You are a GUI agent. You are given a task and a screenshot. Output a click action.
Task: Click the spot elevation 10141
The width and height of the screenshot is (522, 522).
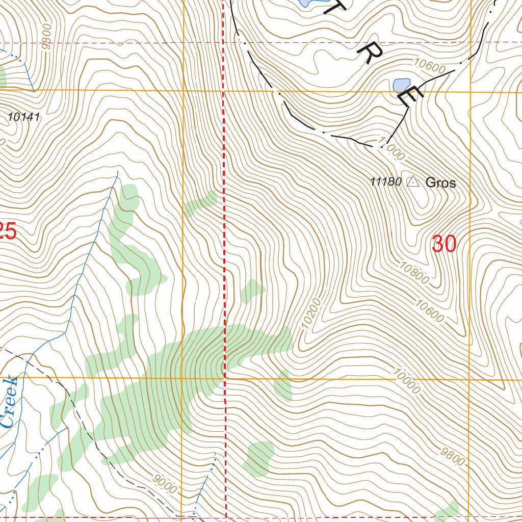point(24,117)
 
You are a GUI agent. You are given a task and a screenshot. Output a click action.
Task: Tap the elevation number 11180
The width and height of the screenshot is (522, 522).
point(386,181)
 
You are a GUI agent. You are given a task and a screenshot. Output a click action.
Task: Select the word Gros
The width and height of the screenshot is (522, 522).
point(440,182)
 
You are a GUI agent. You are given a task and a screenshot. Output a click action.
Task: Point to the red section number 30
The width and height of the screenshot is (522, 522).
point(443,244)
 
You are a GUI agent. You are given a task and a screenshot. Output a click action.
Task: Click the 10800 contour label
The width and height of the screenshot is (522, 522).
point(414,273)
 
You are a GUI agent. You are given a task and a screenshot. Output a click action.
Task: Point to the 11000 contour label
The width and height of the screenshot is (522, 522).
point(390,148)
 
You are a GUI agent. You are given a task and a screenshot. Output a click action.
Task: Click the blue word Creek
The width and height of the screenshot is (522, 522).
point(9,403)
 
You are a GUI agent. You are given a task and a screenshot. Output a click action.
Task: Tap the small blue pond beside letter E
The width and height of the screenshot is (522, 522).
point(401,84)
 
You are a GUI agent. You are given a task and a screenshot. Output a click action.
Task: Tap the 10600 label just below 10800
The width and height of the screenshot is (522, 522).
point(429,311)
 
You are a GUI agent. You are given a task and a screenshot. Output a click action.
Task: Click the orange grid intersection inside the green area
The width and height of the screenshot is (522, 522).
point(182,378)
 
